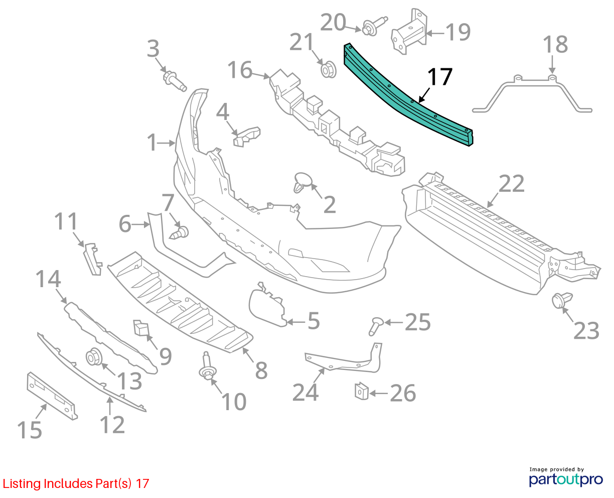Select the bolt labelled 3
point(175,81)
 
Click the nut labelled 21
point(329,70)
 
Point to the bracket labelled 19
point(409,32)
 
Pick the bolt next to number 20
point(374,26)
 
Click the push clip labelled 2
point(302,182)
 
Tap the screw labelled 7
point(179,232)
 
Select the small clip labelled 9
point(141,328)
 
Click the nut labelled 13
point(94,356)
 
